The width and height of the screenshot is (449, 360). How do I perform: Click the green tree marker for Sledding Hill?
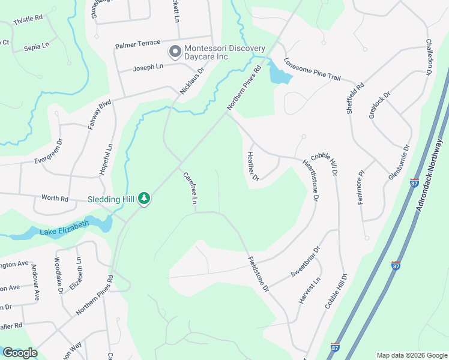coord(143,197)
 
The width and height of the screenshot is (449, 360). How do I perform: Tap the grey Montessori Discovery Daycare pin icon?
coord(175,52)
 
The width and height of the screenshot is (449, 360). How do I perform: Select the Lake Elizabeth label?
coord(64,228)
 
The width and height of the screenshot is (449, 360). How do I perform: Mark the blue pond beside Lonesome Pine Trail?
coord(279,74)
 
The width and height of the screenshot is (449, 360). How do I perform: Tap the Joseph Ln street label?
coord(148,67)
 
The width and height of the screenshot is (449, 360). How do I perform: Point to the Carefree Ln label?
coord(190,188)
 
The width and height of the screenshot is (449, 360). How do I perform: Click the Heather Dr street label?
coord(252,166)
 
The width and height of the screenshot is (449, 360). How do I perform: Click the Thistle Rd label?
coord(28,19)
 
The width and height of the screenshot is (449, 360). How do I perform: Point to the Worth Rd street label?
coord(55,198)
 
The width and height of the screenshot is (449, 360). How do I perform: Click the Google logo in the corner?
coord(20,353)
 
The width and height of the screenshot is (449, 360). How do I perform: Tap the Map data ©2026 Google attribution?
coord(411,355)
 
